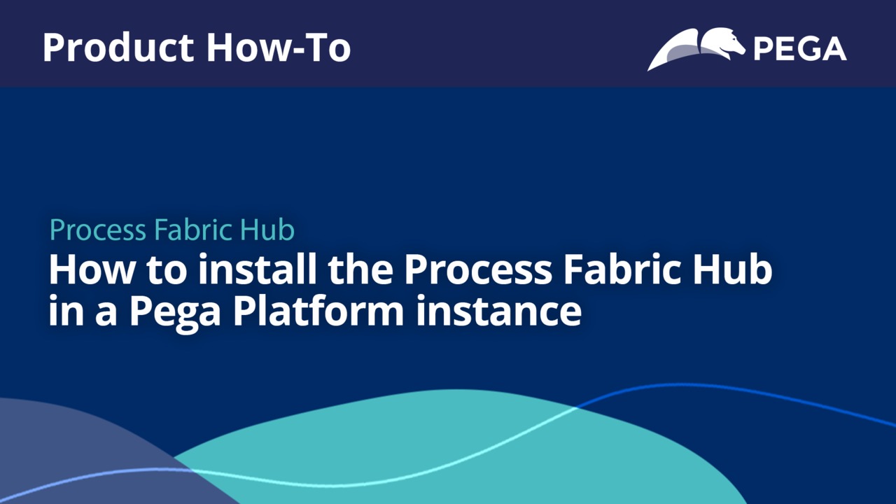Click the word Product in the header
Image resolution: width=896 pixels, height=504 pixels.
(x=119, y=48)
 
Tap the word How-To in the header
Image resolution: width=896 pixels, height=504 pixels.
(x=279, y=48)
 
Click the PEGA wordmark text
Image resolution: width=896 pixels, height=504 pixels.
(x=800, y=49)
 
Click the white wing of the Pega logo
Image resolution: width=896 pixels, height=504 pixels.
(x=672, y=50)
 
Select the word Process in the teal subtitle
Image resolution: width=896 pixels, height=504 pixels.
(x=97, y=230)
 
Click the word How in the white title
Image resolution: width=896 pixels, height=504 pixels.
(x=92, y=269)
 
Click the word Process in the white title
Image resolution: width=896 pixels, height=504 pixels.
(x=478, y=269)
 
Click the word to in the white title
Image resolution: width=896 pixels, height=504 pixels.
(x=167, y=270)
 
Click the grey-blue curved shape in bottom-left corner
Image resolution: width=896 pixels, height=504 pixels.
(x=80, y=452)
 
